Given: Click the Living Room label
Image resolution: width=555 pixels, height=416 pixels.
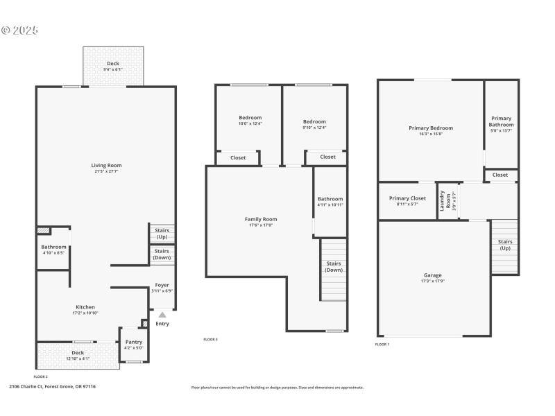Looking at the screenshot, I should [x=106, y=165].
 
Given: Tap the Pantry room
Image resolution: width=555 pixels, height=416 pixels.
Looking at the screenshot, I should [x=133, y=345].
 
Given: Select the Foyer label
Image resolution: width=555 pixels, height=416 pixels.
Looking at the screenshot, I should [x=162, y=285].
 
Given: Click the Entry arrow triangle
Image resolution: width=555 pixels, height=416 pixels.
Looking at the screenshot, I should [x=162, y=315].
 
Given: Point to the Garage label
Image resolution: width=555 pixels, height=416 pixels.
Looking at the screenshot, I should [x=432, y=275].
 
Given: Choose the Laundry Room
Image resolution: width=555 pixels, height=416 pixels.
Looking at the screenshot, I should [x=448, y=201].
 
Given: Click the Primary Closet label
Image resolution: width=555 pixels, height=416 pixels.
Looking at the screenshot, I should [x=407, y=198].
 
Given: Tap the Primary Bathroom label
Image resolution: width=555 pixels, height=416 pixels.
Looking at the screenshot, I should [x=501, y=121].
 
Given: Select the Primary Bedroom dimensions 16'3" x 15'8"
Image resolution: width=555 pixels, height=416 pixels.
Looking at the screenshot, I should [x=431, y=135].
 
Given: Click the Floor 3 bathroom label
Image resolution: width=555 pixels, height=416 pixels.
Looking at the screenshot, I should [x=330, y=199].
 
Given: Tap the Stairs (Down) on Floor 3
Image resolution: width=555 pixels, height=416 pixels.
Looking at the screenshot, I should [x=334, y=267].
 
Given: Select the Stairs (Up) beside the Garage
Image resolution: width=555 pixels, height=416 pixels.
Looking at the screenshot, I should [x=505, y=245].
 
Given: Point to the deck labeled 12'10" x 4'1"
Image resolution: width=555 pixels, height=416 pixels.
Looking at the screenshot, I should [x=77, y=353].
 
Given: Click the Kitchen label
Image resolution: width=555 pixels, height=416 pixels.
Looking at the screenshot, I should [x=85, y=307].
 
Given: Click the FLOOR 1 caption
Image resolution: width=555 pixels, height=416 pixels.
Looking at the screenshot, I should [x=382, y=345].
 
